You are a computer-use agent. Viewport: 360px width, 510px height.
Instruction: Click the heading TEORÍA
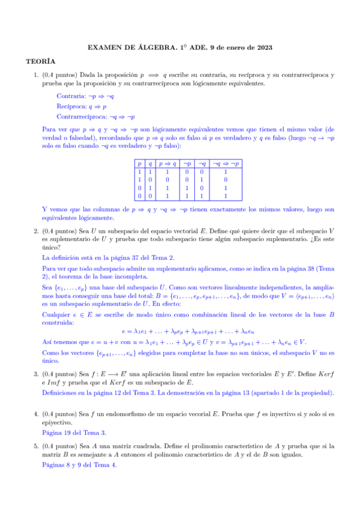40,61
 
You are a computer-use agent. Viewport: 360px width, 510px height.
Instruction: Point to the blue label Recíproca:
72,106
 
